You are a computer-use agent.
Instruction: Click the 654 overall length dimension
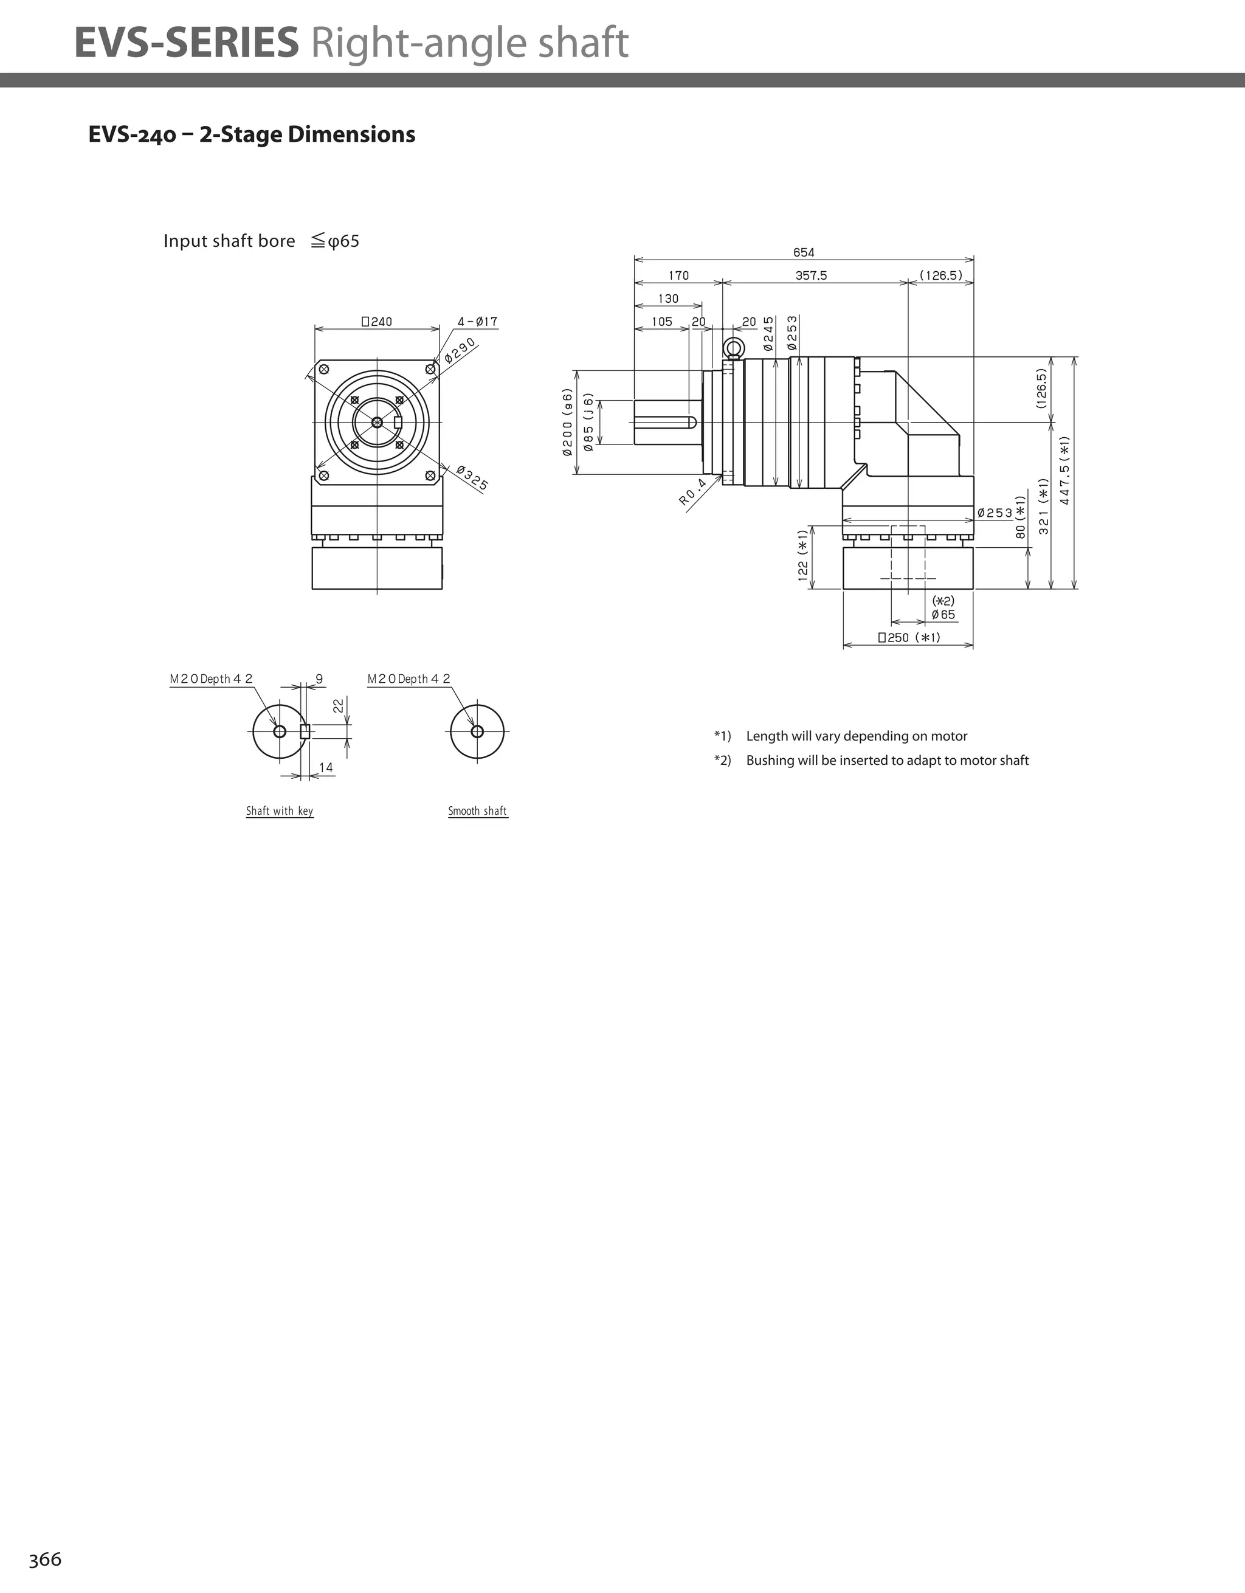pyautogui.click(x=803, y=252)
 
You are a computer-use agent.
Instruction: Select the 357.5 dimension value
pyautogui.click(x=811, y=275)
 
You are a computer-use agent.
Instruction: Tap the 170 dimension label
pyautogui.click(x=678, y=275)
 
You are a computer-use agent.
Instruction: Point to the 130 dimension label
pyautogui.click(x=667, y=299)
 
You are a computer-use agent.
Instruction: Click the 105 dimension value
pyautogui.click(x=661, y=322)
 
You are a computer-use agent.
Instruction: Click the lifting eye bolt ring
pyautogui.click(x=733, y=347)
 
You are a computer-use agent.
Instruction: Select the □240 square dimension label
pyautogui.click(x=377, y=322)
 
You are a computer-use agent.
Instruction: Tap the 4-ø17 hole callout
pyautogui.click(x=478, y=322)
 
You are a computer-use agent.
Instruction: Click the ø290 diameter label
pyautogui.click(x=460, y=350)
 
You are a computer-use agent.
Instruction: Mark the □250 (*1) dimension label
pyautogui.click(x=909, y=637)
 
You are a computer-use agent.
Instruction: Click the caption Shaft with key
pyautogui.click(x=280, y=811)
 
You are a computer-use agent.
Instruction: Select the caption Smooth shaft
pyautogui.click(x=477, y=811)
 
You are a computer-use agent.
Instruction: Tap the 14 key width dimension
pyautogui.click(x=325, y=767)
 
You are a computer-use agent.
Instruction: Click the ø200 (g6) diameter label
pyautogui.click(x=567, y=423)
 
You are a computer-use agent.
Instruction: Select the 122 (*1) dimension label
pyautogui.click(x=803, y=556)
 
